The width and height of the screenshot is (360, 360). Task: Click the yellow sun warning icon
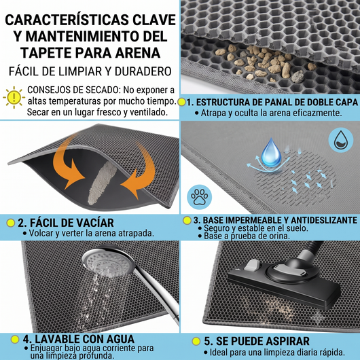(14, 97)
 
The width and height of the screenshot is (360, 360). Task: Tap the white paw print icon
(200, 197)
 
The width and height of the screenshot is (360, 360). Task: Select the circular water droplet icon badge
(341, 140)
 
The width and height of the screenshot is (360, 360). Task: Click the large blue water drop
(272, 152)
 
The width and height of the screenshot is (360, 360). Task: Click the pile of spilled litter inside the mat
(102, 183)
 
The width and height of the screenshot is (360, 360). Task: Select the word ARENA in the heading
(137, 53)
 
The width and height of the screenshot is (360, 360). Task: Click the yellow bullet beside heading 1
(181, 102)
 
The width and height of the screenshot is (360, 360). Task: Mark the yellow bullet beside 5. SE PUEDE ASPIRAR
(196, 342)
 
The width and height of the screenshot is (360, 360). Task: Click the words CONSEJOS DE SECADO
(74, 90)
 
